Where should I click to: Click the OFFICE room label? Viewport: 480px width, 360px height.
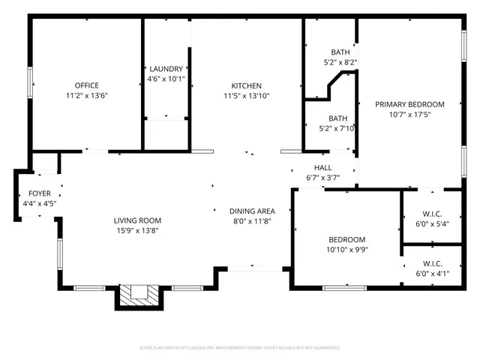(86, 85)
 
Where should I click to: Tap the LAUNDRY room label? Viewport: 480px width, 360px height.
(165, 68)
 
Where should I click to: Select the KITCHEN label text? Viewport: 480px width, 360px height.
(246, 85)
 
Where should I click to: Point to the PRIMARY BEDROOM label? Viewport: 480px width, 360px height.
(409, 104)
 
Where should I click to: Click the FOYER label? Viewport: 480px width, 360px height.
(40, 193)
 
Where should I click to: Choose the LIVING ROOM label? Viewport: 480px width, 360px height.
(137, 220)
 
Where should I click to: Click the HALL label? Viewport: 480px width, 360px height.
(322, 167)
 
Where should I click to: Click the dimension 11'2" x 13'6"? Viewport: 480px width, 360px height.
(86, 96)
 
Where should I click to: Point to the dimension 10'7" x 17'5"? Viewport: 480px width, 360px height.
(409, 115)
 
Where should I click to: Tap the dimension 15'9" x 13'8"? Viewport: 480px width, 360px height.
(137, 231)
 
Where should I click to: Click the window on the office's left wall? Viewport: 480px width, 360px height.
(30, 82)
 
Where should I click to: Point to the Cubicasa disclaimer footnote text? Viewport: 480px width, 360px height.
(240, 348)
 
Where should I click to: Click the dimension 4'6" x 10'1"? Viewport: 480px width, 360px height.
(165, 79)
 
